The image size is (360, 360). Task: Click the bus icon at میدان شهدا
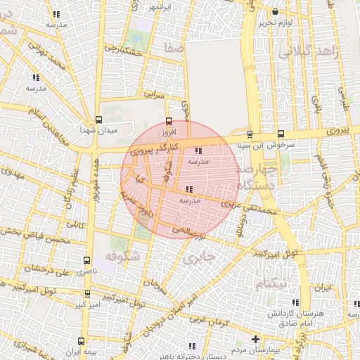[x=98, y=120]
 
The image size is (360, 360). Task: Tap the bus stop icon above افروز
[x=167, y=120]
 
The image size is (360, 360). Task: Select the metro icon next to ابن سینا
[x=250, y=134]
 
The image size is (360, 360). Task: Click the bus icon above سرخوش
[x=281, y=134]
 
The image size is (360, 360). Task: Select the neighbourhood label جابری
[x=196, y=258]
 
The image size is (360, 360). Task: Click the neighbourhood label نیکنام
[x=272, y=282]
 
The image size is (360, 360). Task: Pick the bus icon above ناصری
[x=87, y=259]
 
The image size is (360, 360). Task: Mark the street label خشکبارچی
[x=123, y=51]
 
